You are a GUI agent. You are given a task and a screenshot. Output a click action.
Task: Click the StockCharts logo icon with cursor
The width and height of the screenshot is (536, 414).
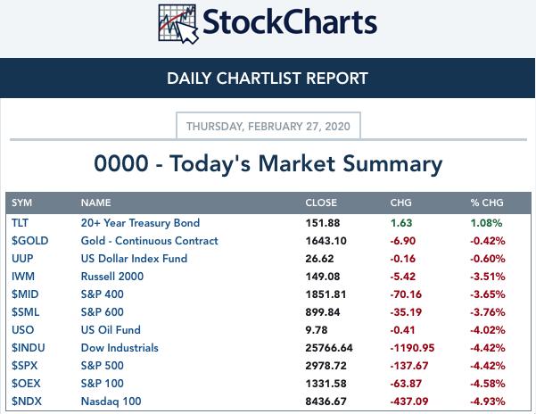tap(178, 24)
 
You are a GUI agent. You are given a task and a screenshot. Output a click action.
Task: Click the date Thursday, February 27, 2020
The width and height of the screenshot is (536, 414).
tap(268, 127)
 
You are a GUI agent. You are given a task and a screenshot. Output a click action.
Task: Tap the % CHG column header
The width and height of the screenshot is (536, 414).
tap(487, 203)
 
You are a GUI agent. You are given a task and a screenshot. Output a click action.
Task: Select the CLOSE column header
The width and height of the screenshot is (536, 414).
tap(321, 203)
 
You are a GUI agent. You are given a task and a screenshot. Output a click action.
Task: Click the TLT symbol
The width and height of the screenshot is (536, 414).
tap(20, 223)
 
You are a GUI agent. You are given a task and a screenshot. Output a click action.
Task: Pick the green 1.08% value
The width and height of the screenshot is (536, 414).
tap(486, 223)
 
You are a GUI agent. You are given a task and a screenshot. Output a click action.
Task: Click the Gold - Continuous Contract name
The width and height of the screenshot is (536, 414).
tap(149, 241)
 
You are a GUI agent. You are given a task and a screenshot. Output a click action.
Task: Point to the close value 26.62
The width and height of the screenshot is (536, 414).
tap(319, 259)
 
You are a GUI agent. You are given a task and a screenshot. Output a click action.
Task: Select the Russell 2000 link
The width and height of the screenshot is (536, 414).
tap(112, 277)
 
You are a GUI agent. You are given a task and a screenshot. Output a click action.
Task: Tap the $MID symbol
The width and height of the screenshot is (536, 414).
tap(25, 294)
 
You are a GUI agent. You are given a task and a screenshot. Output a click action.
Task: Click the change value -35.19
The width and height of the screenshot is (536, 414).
tap(406, 312)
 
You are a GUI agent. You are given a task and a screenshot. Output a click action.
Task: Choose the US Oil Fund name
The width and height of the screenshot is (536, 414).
tap(111, 330)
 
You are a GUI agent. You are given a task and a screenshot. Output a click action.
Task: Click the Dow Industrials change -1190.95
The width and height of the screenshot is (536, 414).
tap(412, 348)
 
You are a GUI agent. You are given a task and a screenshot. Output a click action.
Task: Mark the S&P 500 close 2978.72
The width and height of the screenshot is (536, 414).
tap(326, 366)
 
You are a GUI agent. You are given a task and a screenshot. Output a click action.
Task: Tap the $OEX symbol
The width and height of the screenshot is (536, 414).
tap(26, 384)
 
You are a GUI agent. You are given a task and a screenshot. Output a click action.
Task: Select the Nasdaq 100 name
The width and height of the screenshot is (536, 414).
tap(111, 402)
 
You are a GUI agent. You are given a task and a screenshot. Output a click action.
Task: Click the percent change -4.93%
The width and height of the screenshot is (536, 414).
tap(488, 402)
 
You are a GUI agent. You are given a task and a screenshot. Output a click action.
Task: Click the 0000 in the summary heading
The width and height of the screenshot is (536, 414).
tap(121, 163)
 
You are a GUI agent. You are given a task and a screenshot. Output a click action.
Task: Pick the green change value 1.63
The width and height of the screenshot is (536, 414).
tap(401, 223)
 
